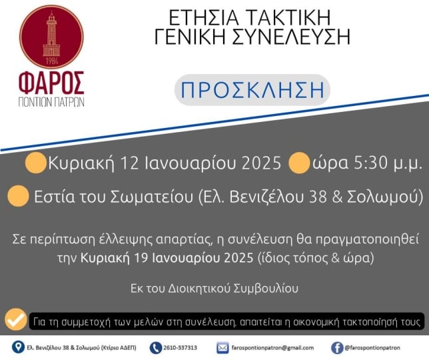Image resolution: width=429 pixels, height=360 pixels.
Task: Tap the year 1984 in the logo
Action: point(52,61)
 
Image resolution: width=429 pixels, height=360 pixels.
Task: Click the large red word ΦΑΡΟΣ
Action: point(51,83)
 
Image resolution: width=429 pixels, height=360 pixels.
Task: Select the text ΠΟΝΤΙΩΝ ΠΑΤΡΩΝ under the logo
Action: point(51,101)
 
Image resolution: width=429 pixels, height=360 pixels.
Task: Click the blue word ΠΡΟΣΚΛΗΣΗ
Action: point(252,90)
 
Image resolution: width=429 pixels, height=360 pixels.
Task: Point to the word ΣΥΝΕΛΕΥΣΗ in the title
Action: point(291,37)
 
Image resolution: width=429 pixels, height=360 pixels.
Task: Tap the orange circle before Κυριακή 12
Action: point(35,163)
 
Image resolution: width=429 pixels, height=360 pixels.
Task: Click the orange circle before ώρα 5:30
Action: point(298,163)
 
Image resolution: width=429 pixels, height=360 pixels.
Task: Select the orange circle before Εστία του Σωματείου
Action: point(18,196)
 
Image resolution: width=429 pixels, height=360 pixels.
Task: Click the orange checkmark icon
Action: point(16,319)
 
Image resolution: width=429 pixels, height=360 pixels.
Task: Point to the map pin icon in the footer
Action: point(19,347)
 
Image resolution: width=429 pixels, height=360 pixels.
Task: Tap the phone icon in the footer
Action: point(156,348)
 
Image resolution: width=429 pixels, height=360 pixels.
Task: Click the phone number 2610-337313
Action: point(181,348)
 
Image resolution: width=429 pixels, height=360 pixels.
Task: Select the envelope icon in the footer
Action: point(222,348)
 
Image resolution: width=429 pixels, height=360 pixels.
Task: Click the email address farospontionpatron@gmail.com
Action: point(272,348)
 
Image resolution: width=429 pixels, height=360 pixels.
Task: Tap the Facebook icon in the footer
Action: point(337,348)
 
